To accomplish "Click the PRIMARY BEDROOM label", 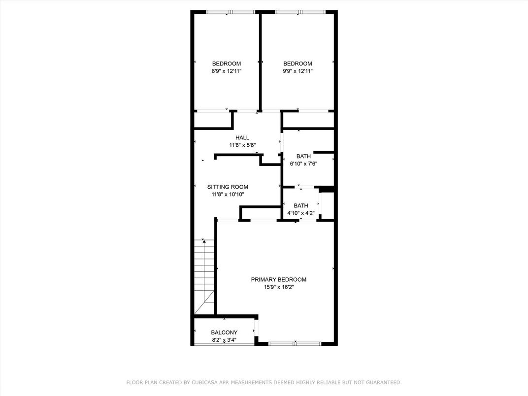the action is pos(278,279).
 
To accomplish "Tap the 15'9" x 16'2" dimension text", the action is pos(278,287).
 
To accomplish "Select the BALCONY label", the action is pos(224,332).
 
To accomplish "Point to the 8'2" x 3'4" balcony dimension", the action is pos(224,340).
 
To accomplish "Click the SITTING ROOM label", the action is pos(228,187).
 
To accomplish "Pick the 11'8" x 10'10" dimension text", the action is pos(228,194).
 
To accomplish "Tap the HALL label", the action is pos(242,138).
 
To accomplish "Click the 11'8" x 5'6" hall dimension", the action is pos(242,145).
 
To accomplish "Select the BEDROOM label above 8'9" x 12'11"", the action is pos(227,64).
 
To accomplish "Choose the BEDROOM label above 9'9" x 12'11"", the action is pos(297,64).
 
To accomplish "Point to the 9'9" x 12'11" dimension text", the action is pos(297,71).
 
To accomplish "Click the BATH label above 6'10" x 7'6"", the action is pos(303,156).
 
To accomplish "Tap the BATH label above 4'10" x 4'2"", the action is pos(301,205).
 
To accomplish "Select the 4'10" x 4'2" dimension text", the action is pos(301,213).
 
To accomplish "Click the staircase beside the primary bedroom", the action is pos(204,277).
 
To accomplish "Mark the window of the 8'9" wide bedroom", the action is pos(231,12).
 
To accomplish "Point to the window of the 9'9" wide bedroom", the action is pos(300,12).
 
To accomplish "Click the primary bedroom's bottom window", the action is pos(295,344).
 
